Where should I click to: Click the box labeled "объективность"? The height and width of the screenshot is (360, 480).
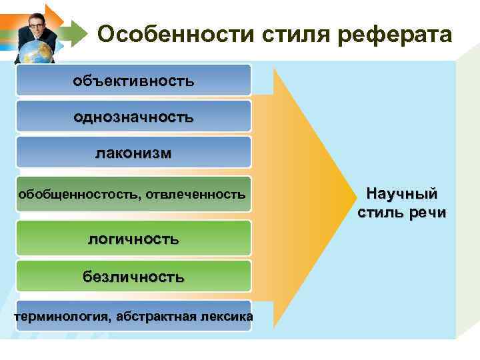click(133, 81)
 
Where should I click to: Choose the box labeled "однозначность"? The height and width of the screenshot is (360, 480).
click(133, 117)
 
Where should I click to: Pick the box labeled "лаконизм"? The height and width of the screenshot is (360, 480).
click(133, 153)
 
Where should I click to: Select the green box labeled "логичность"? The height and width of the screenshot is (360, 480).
click(133, 238)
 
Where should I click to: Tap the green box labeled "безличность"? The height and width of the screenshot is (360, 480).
click(133, 275)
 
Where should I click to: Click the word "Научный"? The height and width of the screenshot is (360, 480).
click(402, 194)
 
